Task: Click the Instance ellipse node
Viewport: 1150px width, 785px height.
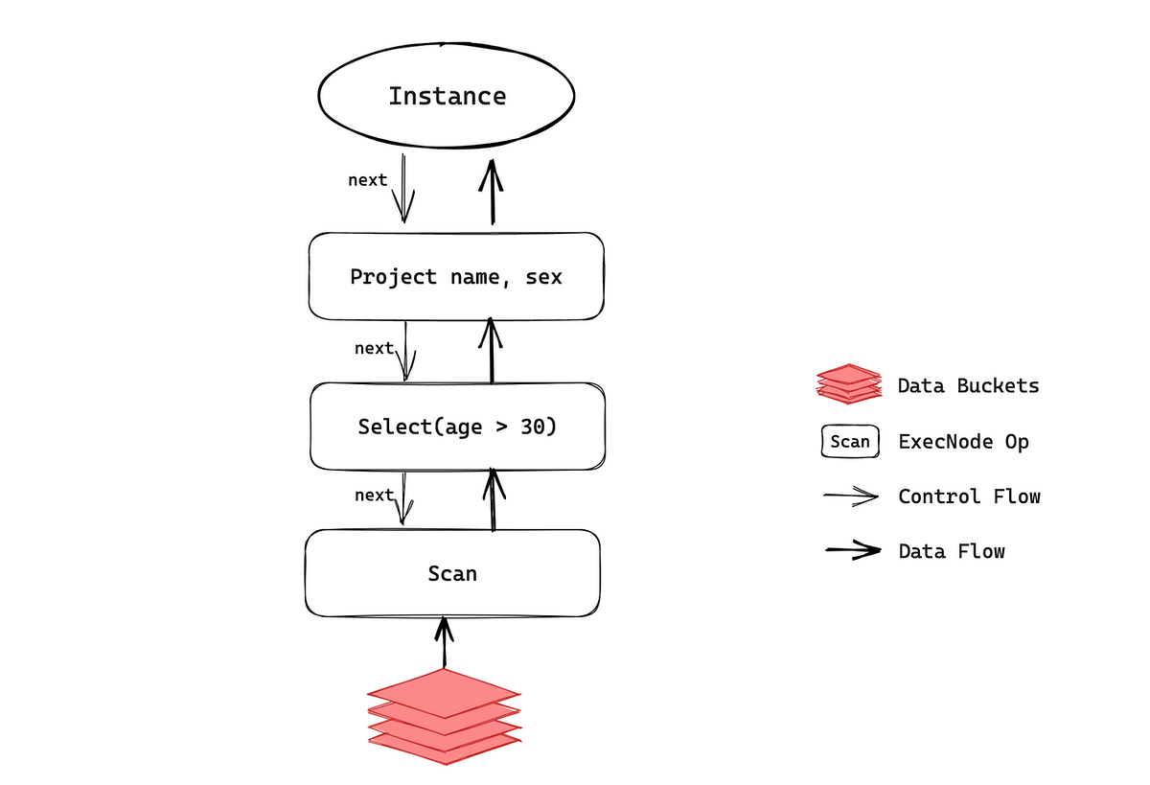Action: (x=447, y=96)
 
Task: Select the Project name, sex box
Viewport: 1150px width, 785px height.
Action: (x=456, y=277)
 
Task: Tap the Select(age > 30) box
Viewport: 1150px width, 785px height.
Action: (x=456, y=427)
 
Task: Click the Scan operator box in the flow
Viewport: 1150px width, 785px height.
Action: (x=452, y=573)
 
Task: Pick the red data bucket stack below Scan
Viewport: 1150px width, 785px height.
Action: (x=445, y=716)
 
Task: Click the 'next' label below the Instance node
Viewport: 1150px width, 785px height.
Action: (x=367, y=180)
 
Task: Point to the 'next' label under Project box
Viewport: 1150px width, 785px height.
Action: (x=374, y=348)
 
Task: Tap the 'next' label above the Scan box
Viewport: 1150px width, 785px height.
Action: (x=374, y=495)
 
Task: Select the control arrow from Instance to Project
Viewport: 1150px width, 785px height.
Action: (x=403, y=188)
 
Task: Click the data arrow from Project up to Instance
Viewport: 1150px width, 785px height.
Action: (x=493, y=192)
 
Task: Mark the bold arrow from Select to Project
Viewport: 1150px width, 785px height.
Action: (x=491, y=351)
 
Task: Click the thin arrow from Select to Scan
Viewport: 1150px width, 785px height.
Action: (x=403, y=498)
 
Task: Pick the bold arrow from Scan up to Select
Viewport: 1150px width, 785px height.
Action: (x=493, y=499)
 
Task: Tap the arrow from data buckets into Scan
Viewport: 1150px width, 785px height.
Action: (x=444, y=642)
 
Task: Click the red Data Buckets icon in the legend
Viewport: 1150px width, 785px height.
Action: (x=848, y=384)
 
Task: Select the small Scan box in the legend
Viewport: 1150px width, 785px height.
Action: (x=850, y=441)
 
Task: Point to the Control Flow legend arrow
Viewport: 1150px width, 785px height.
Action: (x=852, y=496)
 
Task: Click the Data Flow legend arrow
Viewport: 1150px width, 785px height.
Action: (x=853, y=551)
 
